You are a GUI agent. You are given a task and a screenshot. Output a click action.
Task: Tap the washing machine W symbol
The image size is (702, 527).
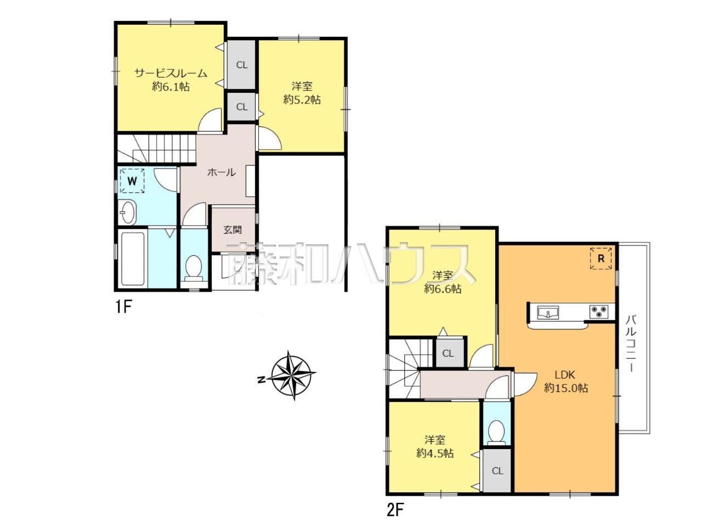click(x=132, y=181)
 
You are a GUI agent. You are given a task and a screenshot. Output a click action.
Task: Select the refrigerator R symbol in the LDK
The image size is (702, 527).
click(x=601, y=258)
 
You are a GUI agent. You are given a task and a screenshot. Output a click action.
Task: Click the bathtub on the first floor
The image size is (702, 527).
click(x=132, y=259)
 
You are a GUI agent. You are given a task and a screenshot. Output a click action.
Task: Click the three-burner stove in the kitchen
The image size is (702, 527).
click(x=598, y=312)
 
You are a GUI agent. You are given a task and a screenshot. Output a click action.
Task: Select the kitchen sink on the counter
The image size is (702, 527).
click(x=548, y=312)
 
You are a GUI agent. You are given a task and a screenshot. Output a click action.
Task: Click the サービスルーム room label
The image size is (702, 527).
click(x=171, y=74)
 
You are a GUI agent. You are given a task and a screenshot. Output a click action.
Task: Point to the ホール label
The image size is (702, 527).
click(x=222, y=172)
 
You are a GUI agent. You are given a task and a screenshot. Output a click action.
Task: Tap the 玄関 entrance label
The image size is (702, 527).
click(x=233, y=229)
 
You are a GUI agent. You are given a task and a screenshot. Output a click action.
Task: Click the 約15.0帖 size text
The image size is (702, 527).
click(x=566, y=388)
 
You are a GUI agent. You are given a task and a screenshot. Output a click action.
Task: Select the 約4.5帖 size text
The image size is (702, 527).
click(x=434, y=453)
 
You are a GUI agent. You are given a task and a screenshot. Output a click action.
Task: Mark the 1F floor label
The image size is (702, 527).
click(x=123, y=307)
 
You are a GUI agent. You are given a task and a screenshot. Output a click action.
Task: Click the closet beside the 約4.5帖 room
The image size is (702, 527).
click(x=497, y=470)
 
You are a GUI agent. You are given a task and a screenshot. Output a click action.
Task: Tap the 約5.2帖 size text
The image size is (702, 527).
click(x=302, y=100)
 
